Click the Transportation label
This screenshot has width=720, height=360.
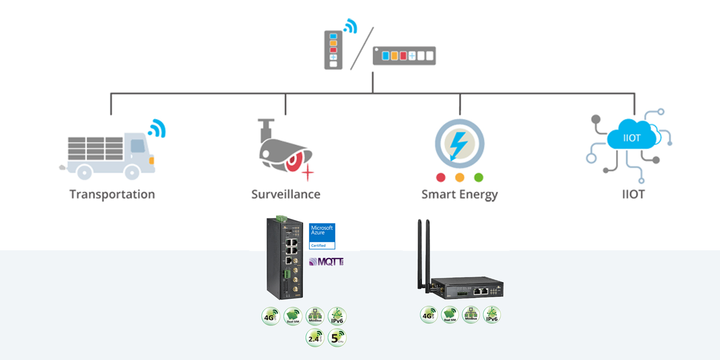112,194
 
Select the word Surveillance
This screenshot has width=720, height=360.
285,194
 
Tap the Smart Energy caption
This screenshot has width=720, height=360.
459,194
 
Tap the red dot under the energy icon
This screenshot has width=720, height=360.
441,178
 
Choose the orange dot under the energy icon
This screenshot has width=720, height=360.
459,178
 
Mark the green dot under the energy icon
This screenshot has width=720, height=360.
479,178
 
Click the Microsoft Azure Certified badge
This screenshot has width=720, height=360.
322,236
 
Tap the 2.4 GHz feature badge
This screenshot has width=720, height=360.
315,337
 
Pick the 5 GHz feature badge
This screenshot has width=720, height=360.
337,337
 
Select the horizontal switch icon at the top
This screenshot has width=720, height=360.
404,56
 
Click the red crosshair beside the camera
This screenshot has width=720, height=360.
307,173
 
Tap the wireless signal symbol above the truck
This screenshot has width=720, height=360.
157,128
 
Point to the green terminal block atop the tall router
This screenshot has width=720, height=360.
281,218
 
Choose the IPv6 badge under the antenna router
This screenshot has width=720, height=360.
492,315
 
